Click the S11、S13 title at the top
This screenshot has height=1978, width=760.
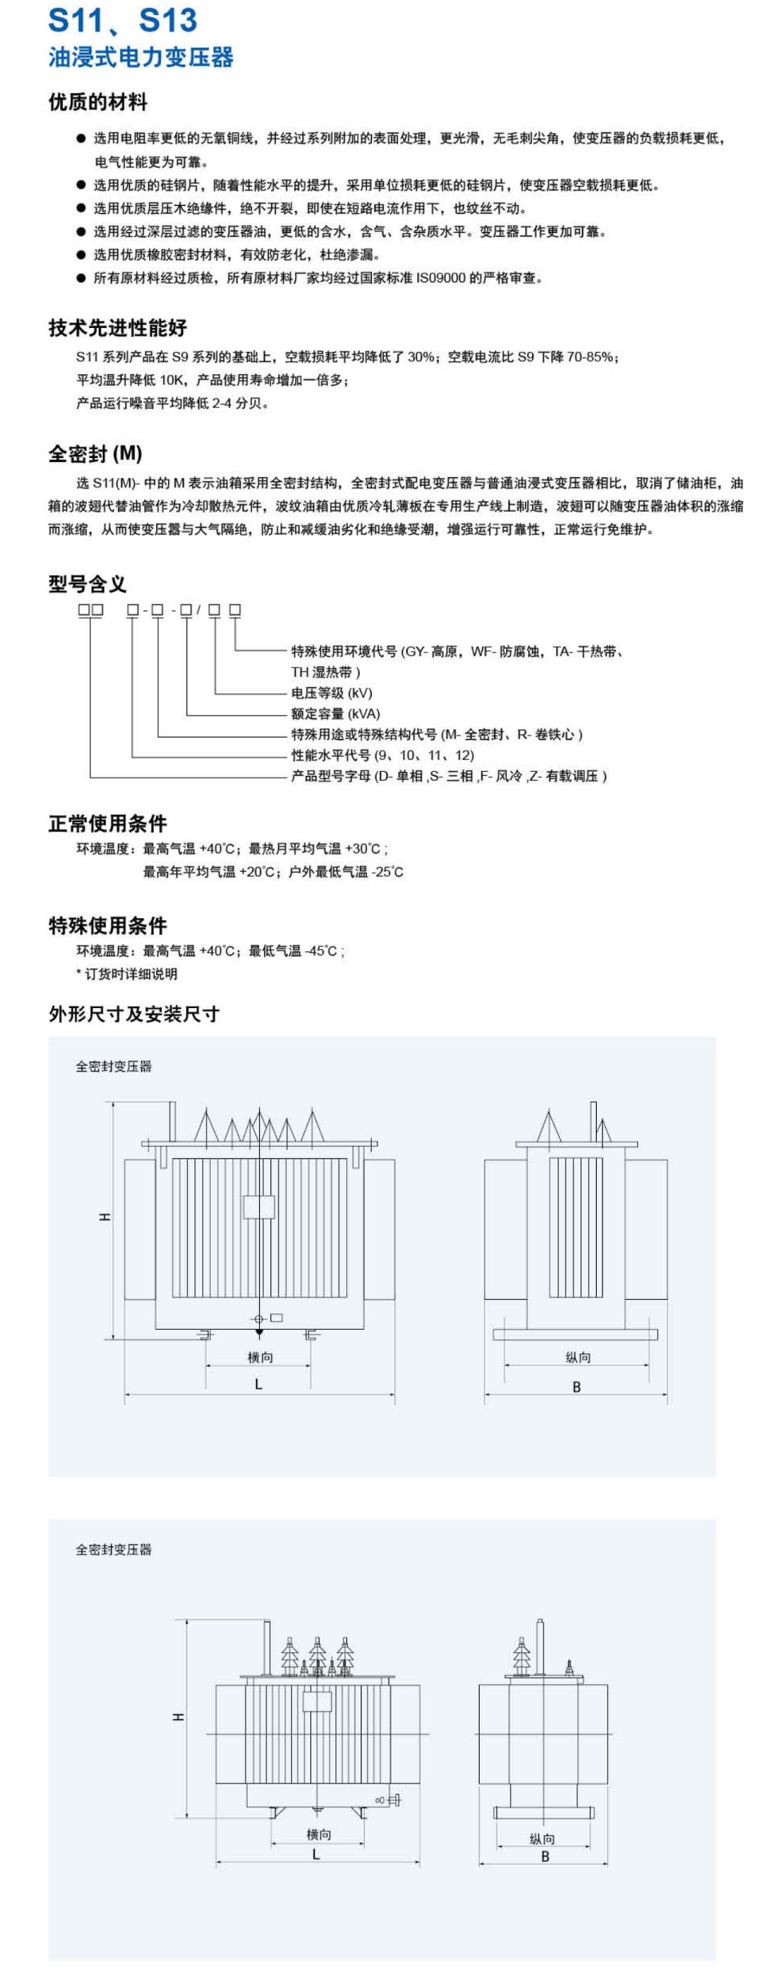[122, 21]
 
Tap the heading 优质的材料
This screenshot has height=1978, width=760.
[97, 102]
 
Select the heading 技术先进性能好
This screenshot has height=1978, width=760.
[118, 328]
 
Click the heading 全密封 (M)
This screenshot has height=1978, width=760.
[95, 454]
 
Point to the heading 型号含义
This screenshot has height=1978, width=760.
[87, 584]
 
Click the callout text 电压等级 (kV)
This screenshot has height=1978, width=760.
[331, 693]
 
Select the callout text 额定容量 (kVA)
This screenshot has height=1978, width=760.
[336, 714]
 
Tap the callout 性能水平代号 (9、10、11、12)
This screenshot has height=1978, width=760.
[382, 755]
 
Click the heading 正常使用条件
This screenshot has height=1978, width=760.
[107, 824]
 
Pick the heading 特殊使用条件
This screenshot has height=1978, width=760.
[107, 925]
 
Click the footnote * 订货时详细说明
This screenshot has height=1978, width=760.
[126, 973]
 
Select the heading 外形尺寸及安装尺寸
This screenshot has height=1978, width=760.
[133, 1015]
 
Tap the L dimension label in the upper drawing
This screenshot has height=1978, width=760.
[259, 1384]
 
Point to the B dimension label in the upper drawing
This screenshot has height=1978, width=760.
[576, 1387]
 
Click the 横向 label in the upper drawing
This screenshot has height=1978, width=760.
[260, 1357]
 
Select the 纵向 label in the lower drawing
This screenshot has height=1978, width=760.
[542, 1838]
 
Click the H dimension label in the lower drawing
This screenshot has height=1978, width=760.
[178, 1717]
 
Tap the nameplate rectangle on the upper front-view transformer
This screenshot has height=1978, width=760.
[259, 1207]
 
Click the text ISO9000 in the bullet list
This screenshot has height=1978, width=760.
[441, 278]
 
